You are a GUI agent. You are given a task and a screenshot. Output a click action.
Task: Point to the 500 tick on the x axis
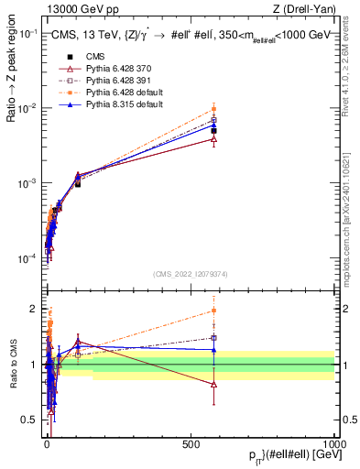coord(191,443)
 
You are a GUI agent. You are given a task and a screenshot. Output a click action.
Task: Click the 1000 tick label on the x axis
coord(334,443)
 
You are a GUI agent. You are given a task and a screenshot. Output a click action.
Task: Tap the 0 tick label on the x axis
coord(47,443)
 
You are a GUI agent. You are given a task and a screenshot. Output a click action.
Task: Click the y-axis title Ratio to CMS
coord(13,365)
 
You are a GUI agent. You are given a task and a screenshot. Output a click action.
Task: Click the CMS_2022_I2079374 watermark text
coord(191,273)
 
